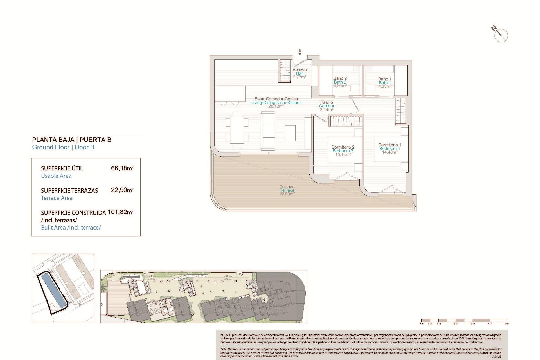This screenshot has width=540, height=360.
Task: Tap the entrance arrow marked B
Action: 300,53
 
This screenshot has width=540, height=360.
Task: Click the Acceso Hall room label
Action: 300,73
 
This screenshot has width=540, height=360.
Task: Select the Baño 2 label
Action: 340,82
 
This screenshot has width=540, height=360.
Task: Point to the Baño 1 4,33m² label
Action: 385,83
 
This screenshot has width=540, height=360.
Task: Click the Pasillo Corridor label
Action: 327,106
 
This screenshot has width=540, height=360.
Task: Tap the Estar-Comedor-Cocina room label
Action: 276,102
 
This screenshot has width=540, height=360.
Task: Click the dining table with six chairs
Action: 237,130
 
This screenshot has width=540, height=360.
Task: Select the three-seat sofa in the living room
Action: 268,130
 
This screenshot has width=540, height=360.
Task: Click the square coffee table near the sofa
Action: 290,133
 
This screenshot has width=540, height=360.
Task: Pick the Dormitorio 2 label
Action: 343,150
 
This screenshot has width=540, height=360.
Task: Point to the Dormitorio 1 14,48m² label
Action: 390,148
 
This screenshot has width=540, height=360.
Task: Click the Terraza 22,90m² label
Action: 287,190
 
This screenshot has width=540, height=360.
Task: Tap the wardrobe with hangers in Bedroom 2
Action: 346,121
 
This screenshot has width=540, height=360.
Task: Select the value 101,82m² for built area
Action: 120,212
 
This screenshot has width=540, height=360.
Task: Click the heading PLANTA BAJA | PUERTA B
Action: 72,140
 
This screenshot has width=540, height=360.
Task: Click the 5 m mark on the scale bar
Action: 507,323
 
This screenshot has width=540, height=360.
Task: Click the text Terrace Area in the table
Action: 57,198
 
